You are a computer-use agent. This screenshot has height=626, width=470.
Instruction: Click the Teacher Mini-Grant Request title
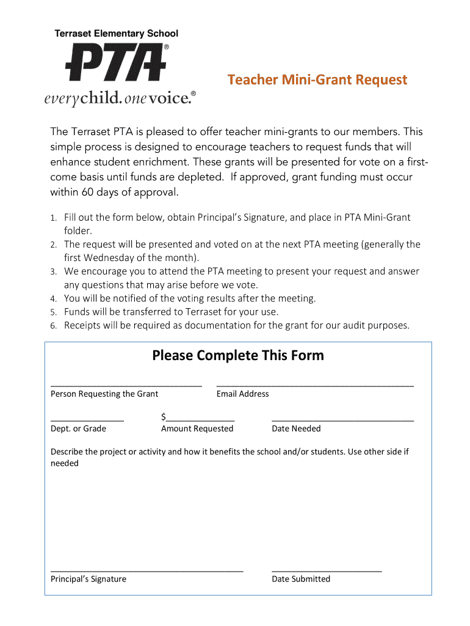tap(317, 80)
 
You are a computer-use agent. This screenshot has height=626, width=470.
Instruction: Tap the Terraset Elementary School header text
tap(117, 34)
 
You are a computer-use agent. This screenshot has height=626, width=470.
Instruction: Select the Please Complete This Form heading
tap(238, 355)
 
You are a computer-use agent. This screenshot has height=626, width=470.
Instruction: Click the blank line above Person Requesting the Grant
tap(126, 385)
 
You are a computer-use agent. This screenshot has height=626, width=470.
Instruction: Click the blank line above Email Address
tap(315, 385)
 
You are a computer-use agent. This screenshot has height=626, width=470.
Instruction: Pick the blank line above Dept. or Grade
tap(87, 420)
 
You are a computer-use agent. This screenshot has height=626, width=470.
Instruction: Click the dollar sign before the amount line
tap(164, 417)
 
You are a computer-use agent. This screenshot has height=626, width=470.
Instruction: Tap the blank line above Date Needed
tap(342, 420)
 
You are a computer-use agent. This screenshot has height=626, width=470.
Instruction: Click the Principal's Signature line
tap(146, 570)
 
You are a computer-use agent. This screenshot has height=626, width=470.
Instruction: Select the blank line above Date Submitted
tap(327, 570)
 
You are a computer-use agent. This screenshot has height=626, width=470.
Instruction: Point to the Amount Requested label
tap(197, 429)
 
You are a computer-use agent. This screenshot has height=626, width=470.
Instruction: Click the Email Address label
tap(242, 394)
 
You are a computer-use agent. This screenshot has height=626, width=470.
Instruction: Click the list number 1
tap(53, 218)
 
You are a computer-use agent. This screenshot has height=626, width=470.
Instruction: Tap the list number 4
tap(53, 299)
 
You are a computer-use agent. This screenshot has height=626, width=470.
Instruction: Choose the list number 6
tap(53, 326)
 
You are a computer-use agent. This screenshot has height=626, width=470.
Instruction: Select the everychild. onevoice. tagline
tap(120, 98)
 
